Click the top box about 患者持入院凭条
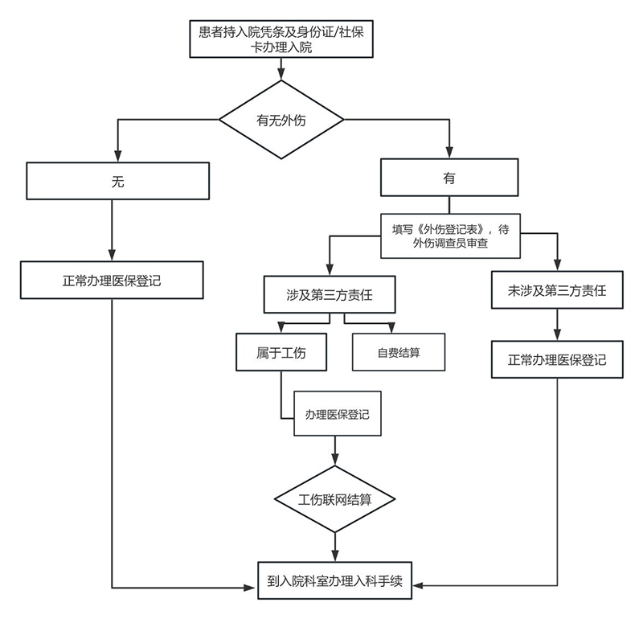coord(281,39)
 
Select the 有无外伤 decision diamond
coord(281,121)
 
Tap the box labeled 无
coord(117,181)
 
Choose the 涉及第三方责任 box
coord(329,294)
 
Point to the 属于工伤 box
coord(281,352)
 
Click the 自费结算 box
coord(399,352)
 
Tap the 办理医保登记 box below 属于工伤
coord(337,414)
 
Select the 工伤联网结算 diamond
coord(335,498)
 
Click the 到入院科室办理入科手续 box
coord(335,580)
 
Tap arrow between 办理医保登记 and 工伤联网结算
coord(335,452)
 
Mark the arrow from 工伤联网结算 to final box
coord(335,547)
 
